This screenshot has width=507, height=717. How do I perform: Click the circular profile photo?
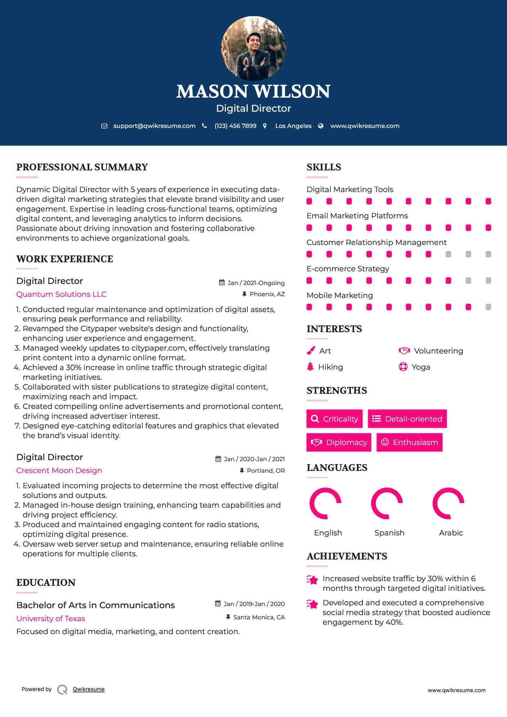pyautogui.click(x=253, y=48)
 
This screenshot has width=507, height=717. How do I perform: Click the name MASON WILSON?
pyautogui.click(x=253, y=92)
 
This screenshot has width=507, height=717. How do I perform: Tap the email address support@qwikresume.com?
pyautogui.click(x=154, y=126)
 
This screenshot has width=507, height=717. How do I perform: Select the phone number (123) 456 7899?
pyautogui.click(x=235, y=126)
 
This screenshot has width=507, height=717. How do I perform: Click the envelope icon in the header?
pyautogui.click(x=104, y=126)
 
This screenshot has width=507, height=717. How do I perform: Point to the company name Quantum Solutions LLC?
pyautogui.click(x=61, y=294)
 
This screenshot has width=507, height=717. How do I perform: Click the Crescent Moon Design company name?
pyautogui.click(x=59, y=471)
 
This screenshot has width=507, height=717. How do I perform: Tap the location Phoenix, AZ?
pyautogui.click(x=267, y=294)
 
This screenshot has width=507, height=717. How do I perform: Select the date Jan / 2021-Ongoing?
pyautogui.click(x=256, y=283)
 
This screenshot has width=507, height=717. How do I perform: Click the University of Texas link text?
pyautogui.click(x=50, y=619)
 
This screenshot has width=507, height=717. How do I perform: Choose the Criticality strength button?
pyautogui.click(x=334, y=419)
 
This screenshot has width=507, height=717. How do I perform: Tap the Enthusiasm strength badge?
pyautogui.click(x=409, y=442)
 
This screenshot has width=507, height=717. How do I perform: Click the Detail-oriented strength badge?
pyautogui.click(x=407, y=419)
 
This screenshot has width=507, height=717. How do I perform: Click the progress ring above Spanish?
pyautogui.click(x=387, y=503)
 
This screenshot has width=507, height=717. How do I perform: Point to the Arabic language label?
pyautogui.click(x=451, y=533)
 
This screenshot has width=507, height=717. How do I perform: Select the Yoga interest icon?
pyautogui.click(x=403, y=367)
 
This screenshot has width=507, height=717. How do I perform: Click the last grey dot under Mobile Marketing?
pyautogui.click(x=488, y=307)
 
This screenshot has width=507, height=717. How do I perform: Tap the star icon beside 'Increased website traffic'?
pyautogui.click(x=312, y=580)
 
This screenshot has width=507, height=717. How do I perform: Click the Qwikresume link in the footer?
pyautogui.click(x=89, y=689)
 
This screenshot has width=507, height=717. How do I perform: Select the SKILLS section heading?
pyautogui.click(x=324, y=167)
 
